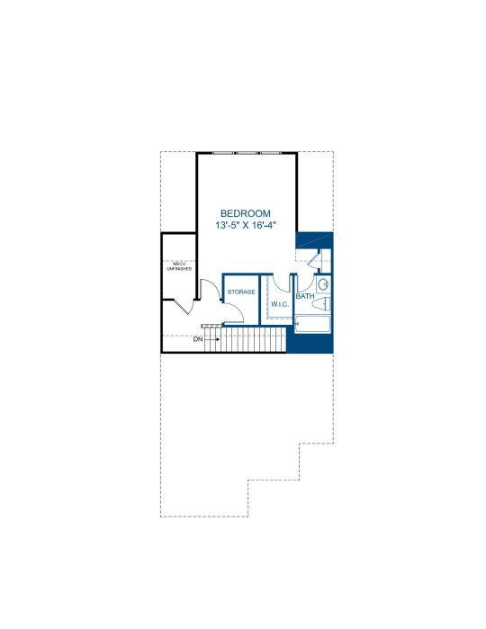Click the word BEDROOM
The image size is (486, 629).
pyautogui.click(x=245, y=213)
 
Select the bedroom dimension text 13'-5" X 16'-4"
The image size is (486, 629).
pyautogui.click(x=246, y=225)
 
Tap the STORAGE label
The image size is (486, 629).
pyautogui.click(x=241, y=292)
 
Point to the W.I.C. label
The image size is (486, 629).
pyautogui.click(x=280, y=304)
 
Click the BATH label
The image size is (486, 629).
pyautogui.click(x=305, y=296)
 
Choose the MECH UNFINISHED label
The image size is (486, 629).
pyautogui.click(x=179, y=266)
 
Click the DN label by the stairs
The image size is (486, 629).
pyautogui.click(x=198, y=339)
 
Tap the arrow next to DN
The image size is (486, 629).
pyautogui.click(x=212, y=339)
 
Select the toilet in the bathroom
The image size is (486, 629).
pyautogui.click(x=321, y=304)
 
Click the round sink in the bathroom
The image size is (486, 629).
pyautogui.click(x=323, y=285)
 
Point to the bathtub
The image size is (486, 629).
pyautogui.click(x=312, y=324)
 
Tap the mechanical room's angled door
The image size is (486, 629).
pyautogui.click(x=185, y=307)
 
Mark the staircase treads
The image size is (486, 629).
pyautogui.click(x=246, y=339)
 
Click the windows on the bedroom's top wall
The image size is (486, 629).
pyautogui.click(x=247, y=153)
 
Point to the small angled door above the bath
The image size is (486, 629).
pyautogui.click(x=313, y=260)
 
